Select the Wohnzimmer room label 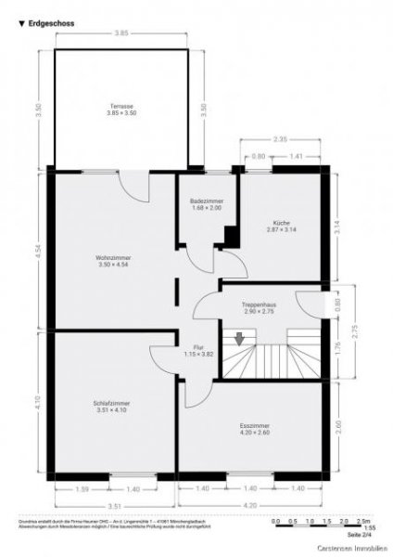[114, 261]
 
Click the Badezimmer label [206, 204]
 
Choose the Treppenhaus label [260, 307]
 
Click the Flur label [192, 351]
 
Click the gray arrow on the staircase [241, 340]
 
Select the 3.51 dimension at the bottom [115, 505]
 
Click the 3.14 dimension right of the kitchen [338, 223]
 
